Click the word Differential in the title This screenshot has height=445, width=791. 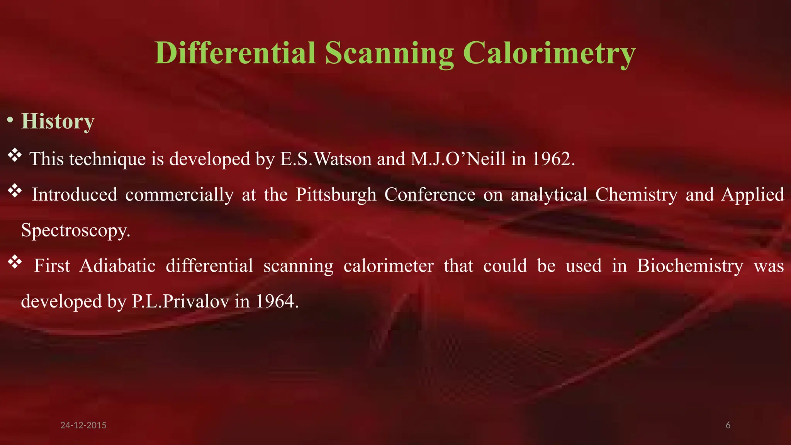coord(235,53)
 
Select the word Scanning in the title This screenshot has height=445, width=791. coord(389,54)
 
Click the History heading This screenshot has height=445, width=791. coord(58,122)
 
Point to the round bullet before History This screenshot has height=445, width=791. coord(10,121)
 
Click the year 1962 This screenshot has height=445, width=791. coord(553,159)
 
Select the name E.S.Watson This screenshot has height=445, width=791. coord(326,159)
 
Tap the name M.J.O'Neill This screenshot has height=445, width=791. coord(458,159)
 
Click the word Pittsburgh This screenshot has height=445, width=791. coord(336,195)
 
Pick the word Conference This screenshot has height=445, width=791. coord(430,195)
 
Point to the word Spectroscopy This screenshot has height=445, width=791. coord(75,231)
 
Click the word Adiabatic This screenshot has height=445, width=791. coord(117,266)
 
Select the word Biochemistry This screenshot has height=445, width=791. coord(690,266)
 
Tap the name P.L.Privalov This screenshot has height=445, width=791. coord(180,301)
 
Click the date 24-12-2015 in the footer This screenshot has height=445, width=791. coord(83,425)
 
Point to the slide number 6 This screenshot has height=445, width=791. coord(728,425)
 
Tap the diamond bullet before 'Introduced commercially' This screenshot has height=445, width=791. coord(15,191)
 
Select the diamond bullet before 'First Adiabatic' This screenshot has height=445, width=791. coord(15,262)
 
